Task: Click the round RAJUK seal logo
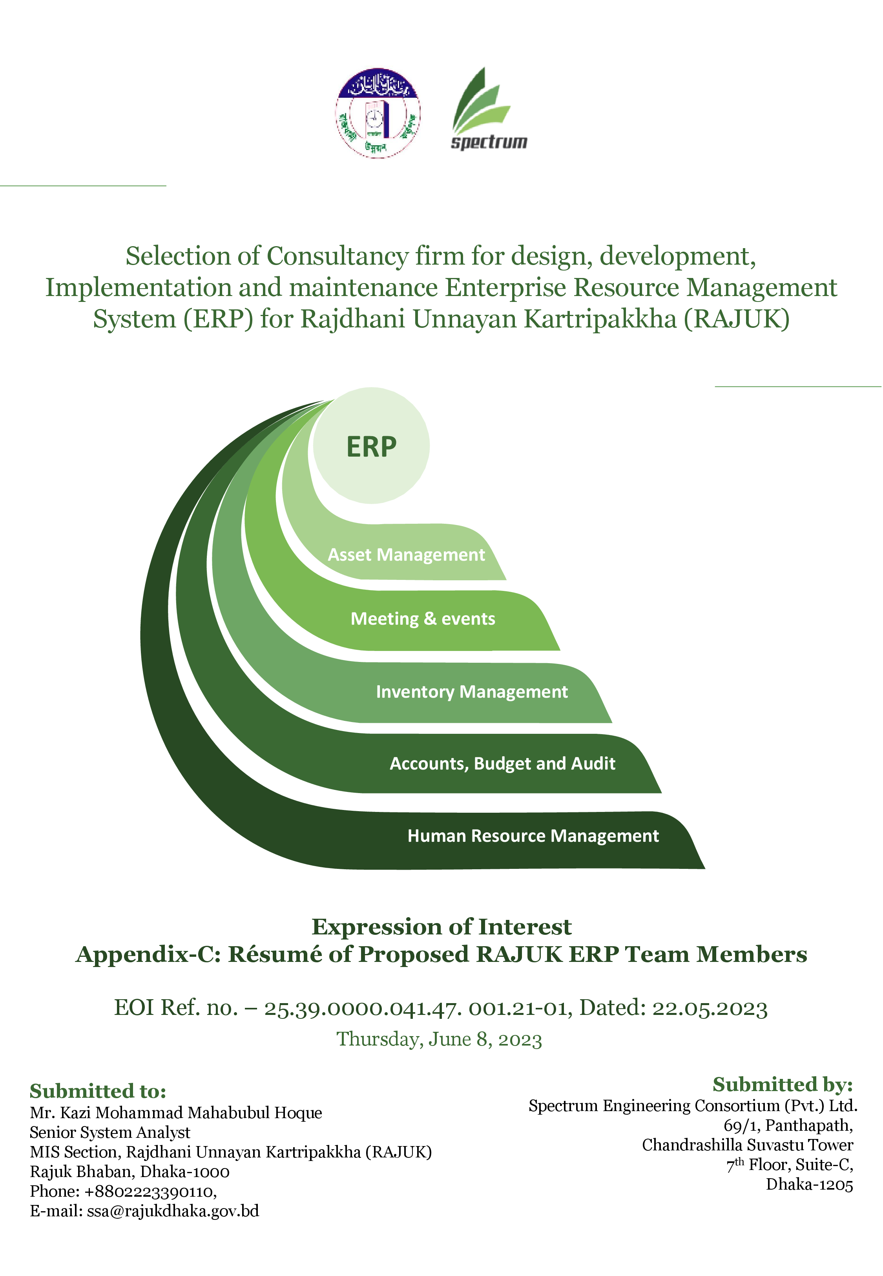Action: click(378, 113)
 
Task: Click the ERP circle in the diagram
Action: click(371, 446)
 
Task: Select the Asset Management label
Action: click(406, 554)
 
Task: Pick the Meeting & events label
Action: click(423, 619)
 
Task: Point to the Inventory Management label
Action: click(472, 692)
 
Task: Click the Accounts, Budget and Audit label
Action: click(502, 764)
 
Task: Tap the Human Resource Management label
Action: click(533, 835)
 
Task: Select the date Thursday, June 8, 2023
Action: click(439, 1039)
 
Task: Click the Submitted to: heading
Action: click(98, 1091)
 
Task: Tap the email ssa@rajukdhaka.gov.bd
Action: click(173, 1211)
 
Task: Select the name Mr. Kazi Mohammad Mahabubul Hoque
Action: click(176, 1113)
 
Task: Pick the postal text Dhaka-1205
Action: click(809, 1185)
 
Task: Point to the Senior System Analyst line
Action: click(110, 1133)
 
